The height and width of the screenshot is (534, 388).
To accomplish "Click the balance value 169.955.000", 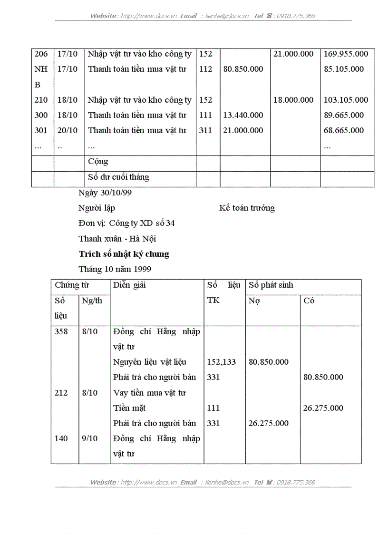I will tap(346, 54).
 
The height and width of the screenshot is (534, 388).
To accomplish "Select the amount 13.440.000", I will tap(243, 115).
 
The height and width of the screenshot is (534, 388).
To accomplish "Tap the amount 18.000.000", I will tap(293, 100).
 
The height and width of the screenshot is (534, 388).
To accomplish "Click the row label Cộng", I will tap(98, 162).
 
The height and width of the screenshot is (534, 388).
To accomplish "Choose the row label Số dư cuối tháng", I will tap(118, 177).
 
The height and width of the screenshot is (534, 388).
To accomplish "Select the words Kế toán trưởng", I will tap(247, 208).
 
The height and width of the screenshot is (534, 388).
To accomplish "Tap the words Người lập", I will tap(97, 208).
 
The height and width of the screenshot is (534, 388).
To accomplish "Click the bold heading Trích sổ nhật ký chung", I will tap(124, 254).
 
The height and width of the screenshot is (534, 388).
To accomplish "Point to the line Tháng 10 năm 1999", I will tap(115, 269).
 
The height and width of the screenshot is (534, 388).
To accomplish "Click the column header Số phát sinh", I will tap(271, 285).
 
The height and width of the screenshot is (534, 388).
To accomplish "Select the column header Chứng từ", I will tap(72, 285).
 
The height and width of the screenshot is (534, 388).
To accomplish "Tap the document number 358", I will tap(61, 331).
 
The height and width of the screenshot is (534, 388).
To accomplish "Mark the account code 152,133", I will tap(221, 362).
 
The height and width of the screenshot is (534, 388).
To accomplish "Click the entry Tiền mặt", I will tap(129, 408).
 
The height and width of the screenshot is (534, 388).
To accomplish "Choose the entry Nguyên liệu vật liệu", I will tap(150, 362).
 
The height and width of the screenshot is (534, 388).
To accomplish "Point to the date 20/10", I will tap(67, 130).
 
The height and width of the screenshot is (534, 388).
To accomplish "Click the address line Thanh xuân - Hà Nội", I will tap(117, 239).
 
